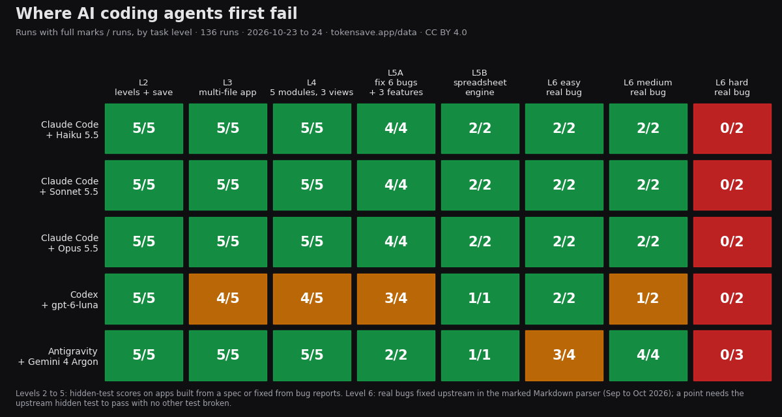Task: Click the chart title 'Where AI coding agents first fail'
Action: pos(156,14)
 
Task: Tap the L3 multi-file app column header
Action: pos(227,87)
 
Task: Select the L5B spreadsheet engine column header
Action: pos(480,83)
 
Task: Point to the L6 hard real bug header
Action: pos(732,87)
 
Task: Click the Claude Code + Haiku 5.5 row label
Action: pos(70,130)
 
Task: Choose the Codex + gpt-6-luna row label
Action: pos(70,300)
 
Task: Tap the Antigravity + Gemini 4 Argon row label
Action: pos(58,356)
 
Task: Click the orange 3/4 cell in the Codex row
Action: pos(396,299)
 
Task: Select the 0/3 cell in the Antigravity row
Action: pos(732,356)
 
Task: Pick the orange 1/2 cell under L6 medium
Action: pos(648,299)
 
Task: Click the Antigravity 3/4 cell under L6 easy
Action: pos(564,356)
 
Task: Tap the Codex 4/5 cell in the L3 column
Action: pos(227,299)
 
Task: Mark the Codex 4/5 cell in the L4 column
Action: pos(311,299)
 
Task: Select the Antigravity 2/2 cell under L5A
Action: pos(396,356)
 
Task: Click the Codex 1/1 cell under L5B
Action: pos(480,299)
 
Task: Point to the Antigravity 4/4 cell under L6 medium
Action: pos(648,356)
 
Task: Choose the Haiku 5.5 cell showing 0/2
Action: pos(732,128)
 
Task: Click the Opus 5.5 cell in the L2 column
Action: pos(144,242)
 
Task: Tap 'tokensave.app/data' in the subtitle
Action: pos(373,33)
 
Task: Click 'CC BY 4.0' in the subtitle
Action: pos(446,33)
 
